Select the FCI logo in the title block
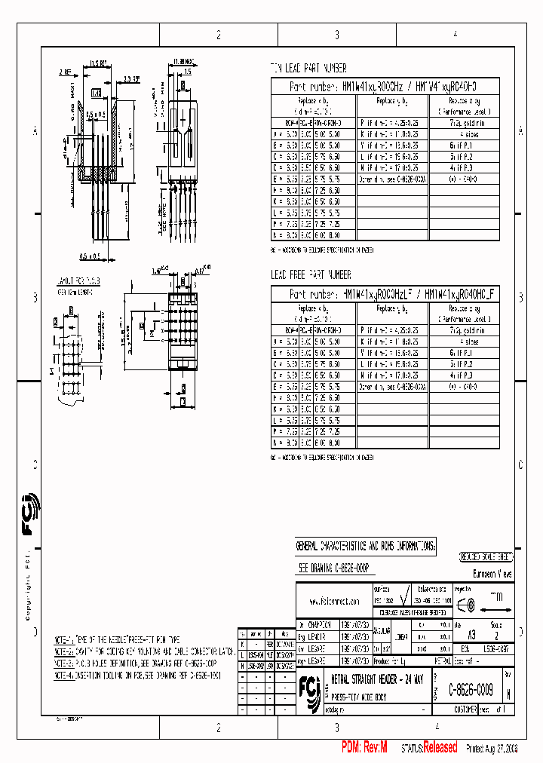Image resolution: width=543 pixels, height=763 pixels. (309, 687)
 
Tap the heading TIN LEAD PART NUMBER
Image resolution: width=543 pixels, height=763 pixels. (308, 68)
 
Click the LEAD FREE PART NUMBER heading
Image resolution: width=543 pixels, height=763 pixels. (311, 275)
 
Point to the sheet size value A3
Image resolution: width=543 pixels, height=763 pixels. (472, 636)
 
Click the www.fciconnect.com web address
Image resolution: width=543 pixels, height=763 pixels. (333, 602)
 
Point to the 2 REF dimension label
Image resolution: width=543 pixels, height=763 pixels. (66, 72)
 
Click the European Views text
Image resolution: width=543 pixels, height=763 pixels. (492, 575)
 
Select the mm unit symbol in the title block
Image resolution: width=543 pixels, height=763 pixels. (496, 596)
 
